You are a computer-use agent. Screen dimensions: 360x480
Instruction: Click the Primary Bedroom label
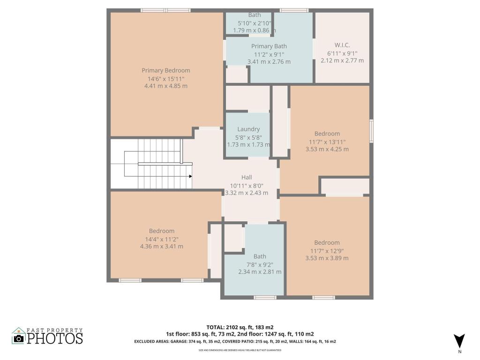point(166,70)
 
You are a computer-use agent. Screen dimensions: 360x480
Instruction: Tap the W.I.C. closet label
point(342,45)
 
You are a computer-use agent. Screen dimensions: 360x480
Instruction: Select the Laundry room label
point(248,129)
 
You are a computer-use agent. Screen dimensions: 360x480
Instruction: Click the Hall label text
point(247,177)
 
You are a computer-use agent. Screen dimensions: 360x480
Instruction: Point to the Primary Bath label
point(269,46)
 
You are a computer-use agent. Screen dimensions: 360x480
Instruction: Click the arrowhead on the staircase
point(190,176)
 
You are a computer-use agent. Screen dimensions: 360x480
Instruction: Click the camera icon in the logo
point(18,338)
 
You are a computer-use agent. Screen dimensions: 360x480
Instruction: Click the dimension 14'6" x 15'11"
point(166,78)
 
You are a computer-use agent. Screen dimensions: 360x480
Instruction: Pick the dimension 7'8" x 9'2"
point(260,264)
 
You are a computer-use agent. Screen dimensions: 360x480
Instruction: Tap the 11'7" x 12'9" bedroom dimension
point(327,250)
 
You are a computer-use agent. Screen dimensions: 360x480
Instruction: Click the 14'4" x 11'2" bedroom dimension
point(162,239)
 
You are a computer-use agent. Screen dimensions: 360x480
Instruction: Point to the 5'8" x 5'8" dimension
point(248,137)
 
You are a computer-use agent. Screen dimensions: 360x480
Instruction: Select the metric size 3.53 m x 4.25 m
point(327,150)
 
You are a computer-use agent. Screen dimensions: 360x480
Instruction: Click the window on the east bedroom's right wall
point(371,130)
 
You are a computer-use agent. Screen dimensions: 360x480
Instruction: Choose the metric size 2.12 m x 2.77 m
point(342,60)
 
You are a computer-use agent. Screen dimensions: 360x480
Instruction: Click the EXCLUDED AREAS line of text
point(235,341)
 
